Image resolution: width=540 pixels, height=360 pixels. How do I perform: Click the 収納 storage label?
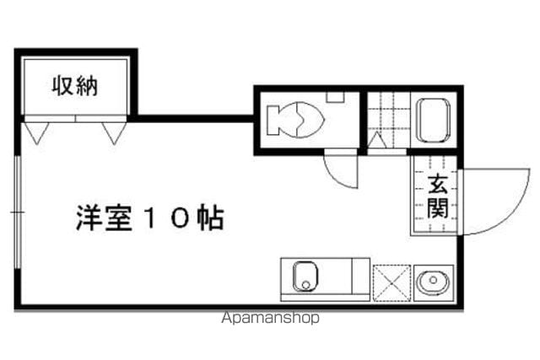pos(75,85)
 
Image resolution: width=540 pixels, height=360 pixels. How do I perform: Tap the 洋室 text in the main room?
pos(104,218)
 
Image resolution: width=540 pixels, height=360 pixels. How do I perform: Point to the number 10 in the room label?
pos(166,218)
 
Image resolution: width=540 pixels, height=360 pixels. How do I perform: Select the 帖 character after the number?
pos(210,218)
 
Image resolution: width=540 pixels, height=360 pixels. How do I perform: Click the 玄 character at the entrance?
pos(438,184)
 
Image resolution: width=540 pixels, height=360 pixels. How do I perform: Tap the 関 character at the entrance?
pos(438,208)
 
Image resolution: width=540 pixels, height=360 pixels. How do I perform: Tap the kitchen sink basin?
pos(305,276)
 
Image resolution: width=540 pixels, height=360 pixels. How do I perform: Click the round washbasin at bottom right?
pos(433,282)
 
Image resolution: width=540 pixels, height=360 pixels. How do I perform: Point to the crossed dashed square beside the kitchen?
pos(391,283)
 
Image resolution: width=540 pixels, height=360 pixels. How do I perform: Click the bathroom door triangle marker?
pos(377,140)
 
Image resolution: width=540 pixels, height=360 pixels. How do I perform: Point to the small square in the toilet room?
pos(335,98)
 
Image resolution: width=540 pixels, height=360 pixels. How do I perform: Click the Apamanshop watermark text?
pos(270,318)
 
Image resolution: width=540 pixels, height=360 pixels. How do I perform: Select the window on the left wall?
pos(18,212)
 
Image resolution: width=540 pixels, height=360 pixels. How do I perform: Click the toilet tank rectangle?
pos(273,121)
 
